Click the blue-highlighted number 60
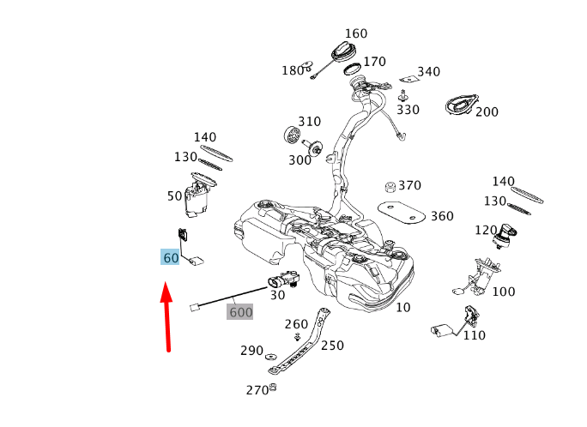pyautogui.click(x=170, y=257)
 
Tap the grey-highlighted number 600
pyautogui.click(x=240, y=312)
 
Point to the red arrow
pyautogui.click(x=167, y=316)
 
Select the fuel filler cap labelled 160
pyautogui.click(x=343, y=51)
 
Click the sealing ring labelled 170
pyautogui.click(x=352, y=69)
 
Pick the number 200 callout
pyautogui.click(x=487, y=111)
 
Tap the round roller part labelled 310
pyautogui.click(x=291, y=135)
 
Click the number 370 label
pyautogui.click(x=409, y=185)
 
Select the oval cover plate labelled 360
pyautogui.click(x=402, y=213)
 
